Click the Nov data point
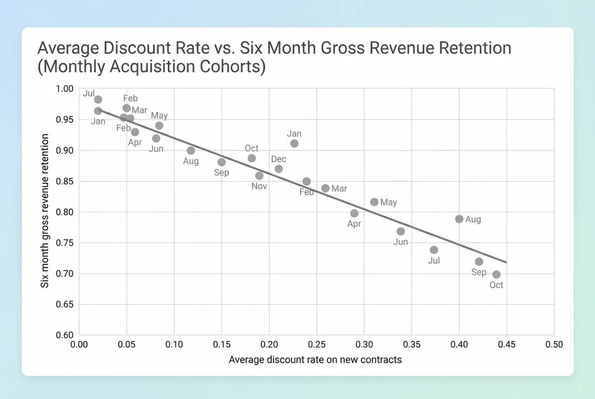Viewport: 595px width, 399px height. pyautogui.click(x=259, y=175)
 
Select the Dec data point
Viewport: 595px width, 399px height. pyautogui.click(x=278, y=169)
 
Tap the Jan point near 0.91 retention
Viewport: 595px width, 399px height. pyautogui.click(x=294, y=143)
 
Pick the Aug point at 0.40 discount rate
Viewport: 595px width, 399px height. pyautogui.click(x=459, y=219)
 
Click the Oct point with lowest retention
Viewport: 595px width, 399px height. pyautogui.click(x=496, y=274)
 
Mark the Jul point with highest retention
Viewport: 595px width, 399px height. pyautogui.click(x=98, y=99)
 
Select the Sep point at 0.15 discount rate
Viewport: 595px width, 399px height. pyautogui.click(x=221, y=162)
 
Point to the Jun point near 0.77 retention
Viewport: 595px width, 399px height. pyautogui.click(x=401, y=231)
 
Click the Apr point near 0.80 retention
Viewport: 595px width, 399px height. pyautogui.click(x=355, y=213)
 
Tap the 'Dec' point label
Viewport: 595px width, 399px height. pyautogui.click(x=278, y=159)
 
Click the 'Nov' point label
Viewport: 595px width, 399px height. pyautogui.click(x=259, y=186)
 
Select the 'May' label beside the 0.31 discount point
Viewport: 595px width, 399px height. pyautogui.click(x=389, y=202)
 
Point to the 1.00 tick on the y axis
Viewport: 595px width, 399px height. pyautogui.click(x=67, y=88)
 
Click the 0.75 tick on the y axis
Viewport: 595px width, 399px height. pyautogui.click(x=67, y=243)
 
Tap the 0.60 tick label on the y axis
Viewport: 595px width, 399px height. pyautogui.click(x=67, y=335)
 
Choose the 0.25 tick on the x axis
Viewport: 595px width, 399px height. pyautogui.click(x=317, y=345)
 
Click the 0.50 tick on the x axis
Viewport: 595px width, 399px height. pyautogui.click(x=554, y=345)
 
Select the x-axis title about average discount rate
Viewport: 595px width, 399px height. pyautogui.click(x=315, y=359)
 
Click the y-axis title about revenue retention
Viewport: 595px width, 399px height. pyautogui.click(x=46, y=211)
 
